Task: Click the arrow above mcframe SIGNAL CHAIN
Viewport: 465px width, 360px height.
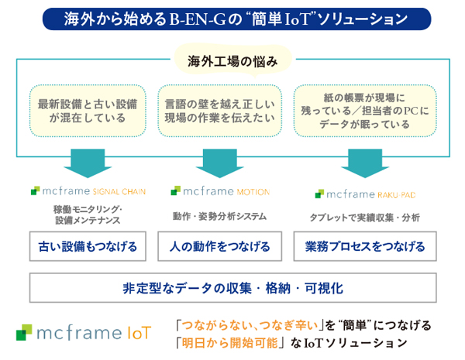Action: pyautogui.click(x=87, y=160)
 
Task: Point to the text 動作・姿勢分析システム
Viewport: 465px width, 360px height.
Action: pyautogui.click(x=219, y=217)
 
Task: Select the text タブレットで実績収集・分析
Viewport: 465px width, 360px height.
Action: pyautogui.click(x=364, y=218)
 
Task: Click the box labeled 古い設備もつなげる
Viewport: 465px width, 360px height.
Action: pyautogui.click(x=87, y=247)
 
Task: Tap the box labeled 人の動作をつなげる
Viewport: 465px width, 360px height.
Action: pyautogui.click(x=219, y=247)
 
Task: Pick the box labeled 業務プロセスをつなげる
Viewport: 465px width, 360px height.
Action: pyautogui.click(x=364, y=247)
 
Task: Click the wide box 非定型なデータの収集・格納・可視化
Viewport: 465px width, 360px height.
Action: pyautogui.click(x=232, y=287)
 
